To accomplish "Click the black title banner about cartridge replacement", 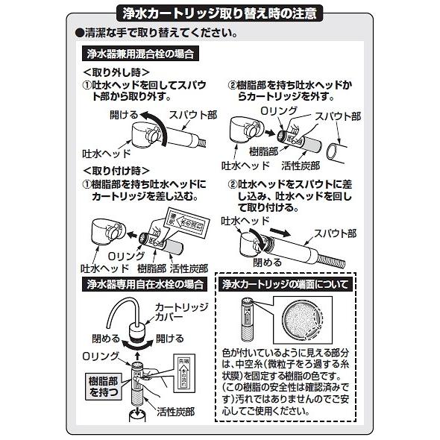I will [220, 13].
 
